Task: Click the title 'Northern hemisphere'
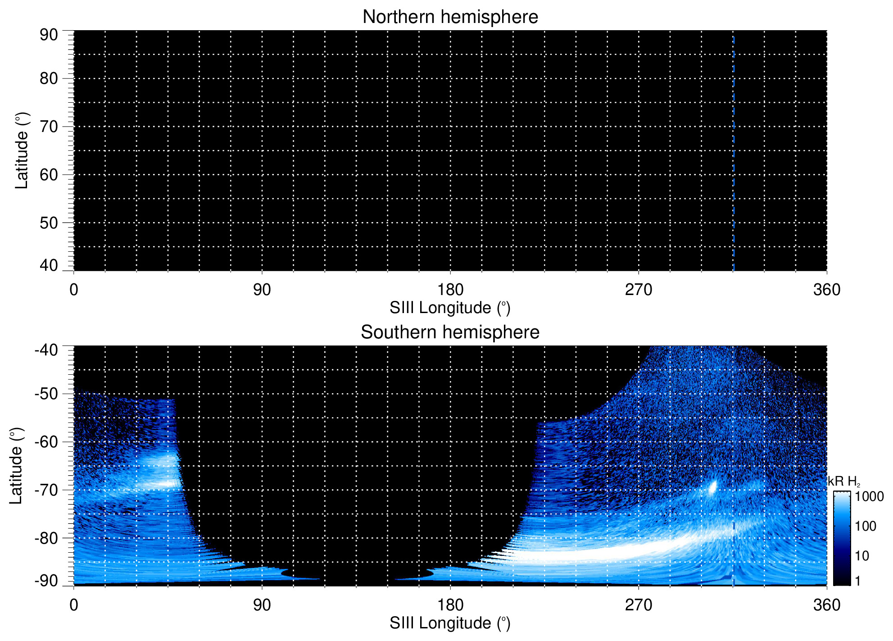450,17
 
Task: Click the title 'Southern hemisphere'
450,332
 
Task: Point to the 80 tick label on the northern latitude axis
49,79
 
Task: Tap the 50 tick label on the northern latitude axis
49,223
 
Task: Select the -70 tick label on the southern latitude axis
46,490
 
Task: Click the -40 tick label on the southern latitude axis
46,350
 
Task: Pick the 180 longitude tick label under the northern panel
450,290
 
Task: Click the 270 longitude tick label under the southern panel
638,605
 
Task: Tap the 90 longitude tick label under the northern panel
262,290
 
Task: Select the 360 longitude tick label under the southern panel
826,605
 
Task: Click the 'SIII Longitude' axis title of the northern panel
450,308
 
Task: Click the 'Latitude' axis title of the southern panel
16,466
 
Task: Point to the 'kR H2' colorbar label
843,482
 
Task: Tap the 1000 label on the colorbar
869,497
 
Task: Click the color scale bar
841,538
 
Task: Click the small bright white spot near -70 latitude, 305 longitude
712,488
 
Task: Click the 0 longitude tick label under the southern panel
74,605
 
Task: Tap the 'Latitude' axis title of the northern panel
21,151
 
